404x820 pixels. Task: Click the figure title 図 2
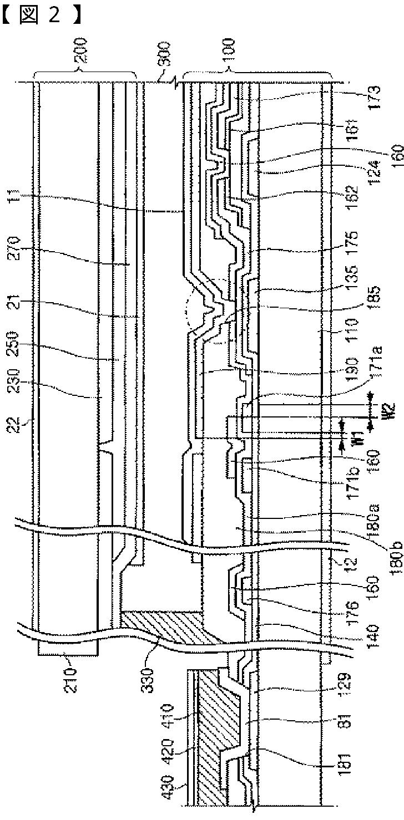42,16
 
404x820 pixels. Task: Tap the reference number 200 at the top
84,53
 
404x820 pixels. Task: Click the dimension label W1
344,442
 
